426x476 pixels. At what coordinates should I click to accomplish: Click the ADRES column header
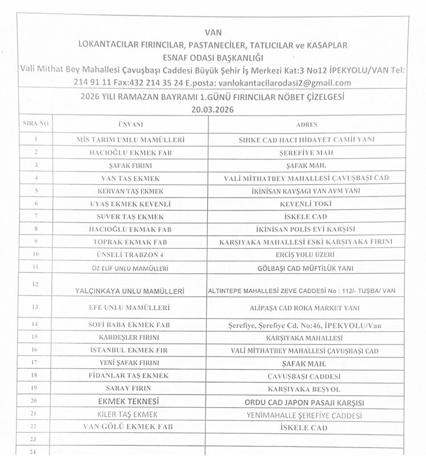tap(306, 124)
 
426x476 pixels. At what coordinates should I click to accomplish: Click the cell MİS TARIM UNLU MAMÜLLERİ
tap(130, 139)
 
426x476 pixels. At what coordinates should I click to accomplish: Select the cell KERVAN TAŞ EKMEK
tap(130, 190)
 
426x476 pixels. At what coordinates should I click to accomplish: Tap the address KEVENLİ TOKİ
tap(306, 203)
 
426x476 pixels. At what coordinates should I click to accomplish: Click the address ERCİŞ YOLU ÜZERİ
tap(306, 254)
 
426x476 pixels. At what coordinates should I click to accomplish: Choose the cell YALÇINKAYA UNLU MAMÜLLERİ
tap(130, 291)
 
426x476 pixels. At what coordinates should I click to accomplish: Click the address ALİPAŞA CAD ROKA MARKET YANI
tap(306, 307)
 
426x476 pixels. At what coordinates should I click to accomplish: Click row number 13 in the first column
tap(35, 307)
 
